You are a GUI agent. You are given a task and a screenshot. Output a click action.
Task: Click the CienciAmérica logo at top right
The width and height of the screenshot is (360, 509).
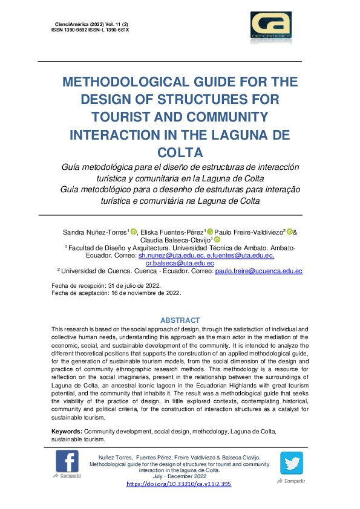pos(270,28)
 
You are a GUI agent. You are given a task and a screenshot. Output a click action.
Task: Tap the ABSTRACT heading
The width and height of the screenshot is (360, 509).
pos(180,320)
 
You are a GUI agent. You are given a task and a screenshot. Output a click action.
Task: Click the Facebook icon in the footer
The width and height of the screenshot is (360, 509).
pos(67,461)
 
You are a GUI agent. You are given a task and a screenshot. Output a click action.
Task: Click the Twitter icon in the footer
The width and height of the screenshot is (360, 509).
pos(291,463)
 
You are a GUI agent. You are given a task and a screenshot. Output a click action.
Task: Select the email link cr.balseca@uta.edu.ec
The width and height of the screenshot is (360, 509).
pos(180,263)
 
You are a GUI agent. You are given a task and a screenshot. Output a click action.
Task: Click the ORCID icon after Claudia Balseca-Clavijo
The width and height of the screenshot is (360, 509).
pos(217,240)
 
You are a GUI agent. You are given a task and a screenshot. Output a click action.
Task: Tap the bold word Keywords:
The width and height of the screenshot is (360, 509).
pos(67,431)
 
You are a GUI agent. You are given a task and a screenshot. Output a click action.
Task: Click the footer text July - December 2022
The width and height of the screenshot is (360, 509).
pos(178,476)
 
